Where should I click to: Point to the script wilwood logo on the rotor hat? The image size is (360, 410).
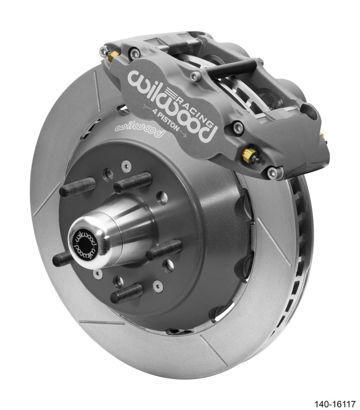pyautogui.click(x=140, y=129)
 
